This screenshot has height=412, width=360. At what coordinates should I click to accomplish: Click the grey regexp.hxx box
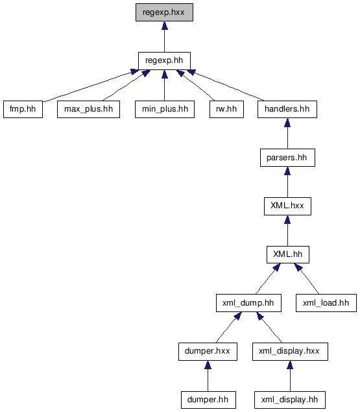coord(164,12)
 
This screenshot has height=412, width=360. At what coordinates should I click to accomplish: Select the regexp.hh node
coord(164,61)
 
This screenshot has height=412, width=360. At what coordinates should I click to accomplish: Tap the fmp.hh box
coord(23,109)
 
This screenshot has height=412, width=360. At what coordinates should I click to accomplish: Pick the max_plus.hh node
coord(89,109)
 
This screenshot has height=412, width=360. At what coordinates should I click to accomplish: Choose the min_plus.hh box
coord(165,109)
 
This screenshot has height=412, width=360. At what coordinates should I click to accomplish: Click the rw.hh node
coord(226,109)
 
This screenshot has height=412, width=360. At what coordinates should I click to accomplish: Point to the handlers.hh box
coord(287,109)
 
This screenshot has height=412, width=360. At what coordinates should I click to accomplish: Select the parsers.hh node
coord(287,158)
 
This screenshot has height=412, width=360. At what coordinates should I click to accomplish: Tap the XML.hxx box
coord(287,206)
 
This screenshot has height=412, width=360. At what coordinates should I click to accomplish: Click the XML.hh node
coord(288,254)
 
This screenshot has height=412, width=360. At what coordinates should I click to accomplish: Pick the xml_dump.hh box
coord(248,303)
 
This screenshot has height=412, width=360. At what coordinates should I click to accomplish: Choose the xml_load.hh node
coord(326,303)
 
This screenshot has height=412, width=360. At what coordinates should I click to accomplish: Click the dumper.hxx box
coord(208,351)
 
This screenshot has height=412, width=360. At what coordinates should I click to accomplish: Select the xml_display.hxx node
coord(290,351)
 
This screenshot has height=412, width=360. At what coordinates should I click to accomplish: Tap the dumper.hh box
coord(208,400)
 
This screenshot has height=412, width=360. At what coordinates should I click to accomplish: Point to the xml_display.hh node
coord(290,400)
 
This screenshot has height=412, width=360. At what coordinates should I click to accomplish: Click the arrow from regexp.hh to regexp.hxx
coord(165,37)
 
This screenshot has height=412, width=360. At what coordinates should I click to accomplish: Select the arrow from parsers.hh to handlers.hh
coord(287,134)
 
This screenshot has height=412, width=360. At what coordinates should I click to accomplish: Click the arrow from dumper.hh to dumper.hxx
coord(208,376)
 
